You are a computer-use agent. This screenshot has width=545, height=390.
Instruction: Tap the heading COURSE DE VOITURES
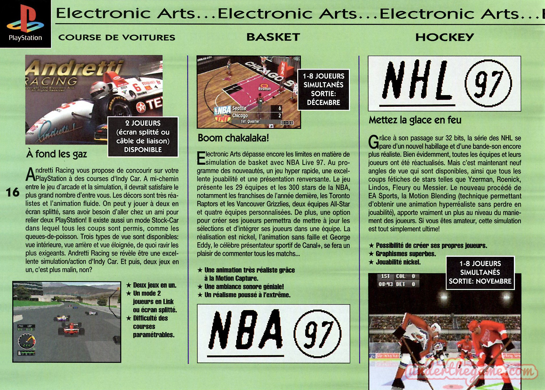[x=117, y=37]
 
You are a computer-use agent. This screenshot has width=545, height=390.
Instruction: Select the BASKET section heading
[x=273, y=37]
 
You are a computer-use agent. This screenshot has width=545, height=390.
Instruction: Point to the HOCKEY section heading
[x=445, y=37]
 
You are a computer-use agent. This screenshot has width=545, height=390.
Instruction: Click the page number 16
[x=13, y=192]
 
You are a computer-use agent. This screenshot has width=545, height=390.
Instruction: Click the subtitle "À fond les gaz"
[x=56, y=154]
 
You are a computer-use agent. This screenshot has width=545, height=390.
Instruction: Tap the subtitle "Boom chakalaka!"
[x=233, y=138]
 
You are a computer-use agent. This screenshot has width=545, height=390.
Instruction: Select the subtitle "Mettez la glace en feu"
[x=415, y=120]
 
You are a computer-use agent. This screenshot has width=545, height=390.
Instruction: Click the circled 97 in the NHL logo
[x=488, y=83]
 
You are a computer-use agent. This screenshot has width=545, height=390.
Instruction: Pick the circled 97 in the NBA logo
[x=318, y=333]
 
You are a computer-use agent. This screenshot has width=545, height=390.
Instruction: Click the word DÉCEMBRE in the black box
[x=323, y=102]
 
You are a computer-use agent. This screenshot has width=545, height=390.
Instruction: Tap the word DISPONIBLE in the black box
[x=143, y=150]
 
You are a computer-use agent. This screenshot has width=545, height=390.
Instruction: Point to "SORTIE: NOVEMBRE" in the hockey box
[x=480, y=281]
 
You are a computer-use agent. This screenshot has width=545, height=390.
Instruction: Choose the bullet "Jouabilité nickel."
[x=398, y=262]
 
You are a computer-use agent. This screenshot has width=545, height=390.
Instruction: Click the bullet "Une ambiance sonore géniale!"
[x=244, y=287]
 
